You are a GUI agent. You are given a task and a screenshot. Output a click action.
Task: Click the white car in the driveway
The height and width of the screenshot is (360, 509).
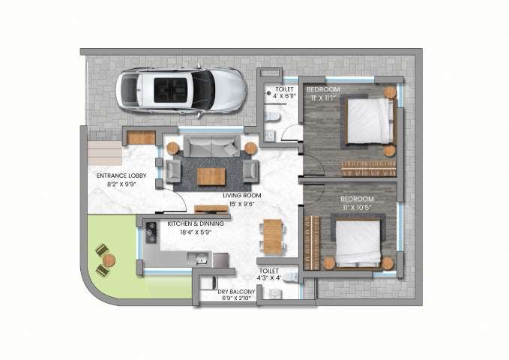point(181,91)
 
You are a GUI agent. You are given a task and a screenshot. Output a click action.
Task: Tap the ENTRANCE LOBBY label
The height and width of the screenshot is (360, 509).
point(121,175)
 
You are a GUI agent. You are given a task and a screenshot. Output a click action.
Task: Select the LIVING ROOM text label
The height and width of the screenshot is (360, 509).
point(242,196)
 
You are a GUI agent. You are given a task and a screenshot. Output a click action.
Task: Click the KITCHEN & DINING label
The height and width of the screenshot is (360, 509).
point(196,223)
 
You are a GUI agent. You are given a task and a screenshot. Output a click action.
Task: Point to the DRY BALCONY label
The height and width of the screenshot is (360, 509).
point(236,292)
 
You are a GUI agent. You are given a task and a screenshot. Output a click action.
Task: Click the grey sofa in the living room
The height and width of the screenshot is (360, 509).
point(211,146)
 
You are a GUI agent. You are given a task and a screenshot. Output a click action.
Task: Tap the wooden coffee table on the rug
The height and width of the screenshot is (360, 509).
point(211,176)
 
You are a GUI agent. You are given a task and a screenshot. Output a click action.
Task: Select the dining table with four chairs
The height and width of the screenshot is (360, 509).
point(273,236)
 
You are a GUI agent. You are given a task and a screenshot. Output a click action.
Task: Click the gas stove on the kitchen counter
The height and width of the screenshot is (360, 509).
point(151,232)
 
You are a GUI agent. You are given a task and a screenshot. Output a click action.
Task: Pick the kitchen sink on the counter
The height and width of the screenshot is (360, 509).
point(198,259)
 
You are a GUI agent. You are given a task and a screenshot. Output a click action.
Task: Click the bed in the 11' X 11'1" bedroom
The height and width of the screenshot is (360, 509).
point(370,121)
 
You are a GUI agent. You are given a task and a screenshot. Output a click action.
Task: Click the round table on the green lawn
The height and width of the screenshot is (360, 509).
point(109,260)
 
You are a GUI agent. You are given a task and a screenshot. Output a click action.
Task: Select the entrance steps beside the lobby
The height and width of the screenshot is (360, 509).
point(104,153)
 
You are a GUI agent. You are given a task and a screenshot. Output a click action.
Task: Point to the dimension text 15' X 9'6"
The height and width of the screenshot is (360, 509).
point(241,204)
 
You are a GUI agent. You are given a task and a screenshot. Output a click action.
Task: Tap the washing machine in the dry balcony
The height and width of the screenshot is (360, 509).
point(208,283)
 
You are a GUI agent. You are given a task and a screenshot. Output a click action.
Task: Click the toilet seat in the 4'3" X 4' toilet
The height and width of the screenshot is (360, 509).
point(291,277)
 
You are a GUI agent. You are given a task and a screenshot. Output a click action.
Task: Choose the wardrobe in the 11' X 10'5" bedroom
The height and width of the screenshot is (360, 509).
point(312,243)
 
